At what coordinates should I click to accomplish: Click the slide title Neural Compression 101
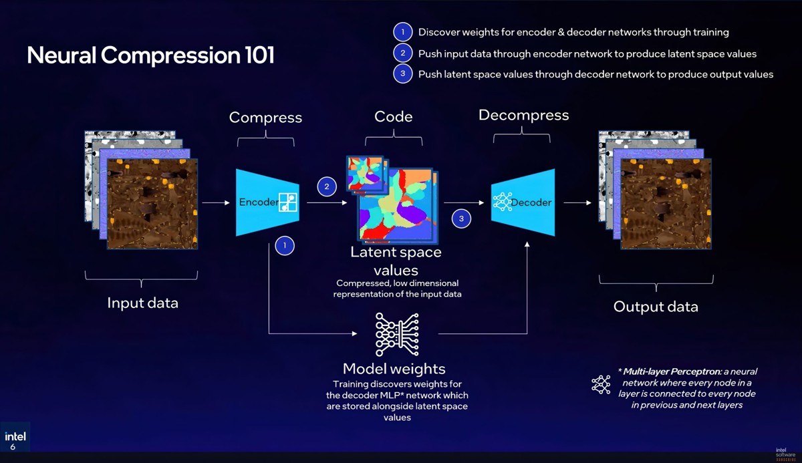(150, 55)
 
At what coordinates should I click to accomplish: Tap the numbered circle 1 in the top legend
(402, 32)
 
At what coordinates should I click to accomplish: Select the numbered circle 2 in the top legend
(402, 53)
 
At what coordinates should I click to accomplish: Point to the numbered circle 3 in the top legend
(402, 74)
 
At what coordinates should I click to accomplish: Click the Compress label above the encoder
(265, 118)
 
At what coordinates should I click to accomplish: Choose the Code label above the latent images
(394, 117)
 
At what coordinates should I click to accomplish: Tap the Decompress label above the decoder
(523, 116)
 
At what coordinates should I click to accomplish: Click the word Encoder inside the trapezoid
(259, 202)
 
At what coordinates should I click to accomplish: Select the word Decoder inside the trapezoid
(532, 202)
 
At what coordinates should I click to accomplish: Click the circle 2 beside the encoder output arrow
(327, 186)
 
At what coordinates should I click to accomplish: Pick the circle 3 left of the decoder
(461, 218)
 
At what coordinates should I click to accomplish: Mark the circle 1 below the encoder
(285, 246)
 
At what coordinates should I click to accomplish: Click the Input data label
(142, 303)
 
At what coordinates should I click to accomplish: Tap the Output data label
(656, 307)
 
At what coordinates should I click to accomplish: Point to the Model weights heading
(394, 369)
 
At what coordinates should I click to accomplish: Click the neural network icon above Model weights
(397, 334)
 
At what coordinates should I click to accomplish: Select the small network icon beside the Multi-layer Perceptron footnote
(601, 384)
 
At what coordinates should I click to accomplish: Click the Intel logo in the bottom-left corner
(15, 438)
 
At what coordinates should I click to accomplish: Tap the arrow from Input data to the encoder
(215, 202)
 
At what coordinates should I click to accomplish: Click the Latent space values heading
(396, 261)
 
